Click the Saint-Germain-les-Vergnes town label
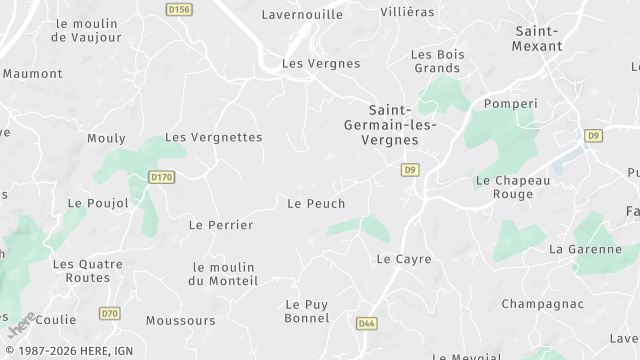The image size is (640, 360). tap(394, 124)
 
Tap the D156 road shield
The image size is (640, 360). tap(179, 9)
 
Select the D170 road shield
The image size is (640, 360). tap(161, 177)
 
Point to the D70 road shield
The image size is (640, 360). tap(110, 314)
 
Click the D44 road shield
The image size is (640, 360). tap(366, 324)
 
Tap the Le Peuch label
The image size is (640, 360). tap(316, 203)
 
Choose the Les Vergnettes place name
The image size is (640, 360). tap(213, 137)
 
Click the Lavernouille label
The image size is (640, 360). tap(302, 15)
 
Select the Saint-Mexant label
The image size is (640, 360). tap(536, 38)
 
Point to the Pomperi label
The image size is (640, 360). tap(510, 103)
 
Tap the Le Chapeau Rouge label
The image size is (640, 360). tap(512, 187)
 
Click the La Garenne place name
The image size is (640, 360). tap(586, 248)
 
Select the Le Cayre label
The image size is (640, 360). tap(404, 258)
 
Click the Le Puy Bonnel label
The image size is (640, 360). tap(307, 311)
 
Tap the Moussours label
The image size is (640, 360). tap(180, 321)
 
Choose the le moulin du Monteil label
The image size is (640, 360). tap(224, 274)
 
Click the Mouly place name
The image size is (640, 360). tap(106, 138)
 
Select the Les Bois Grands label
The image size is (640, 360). tap(436, 61)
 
